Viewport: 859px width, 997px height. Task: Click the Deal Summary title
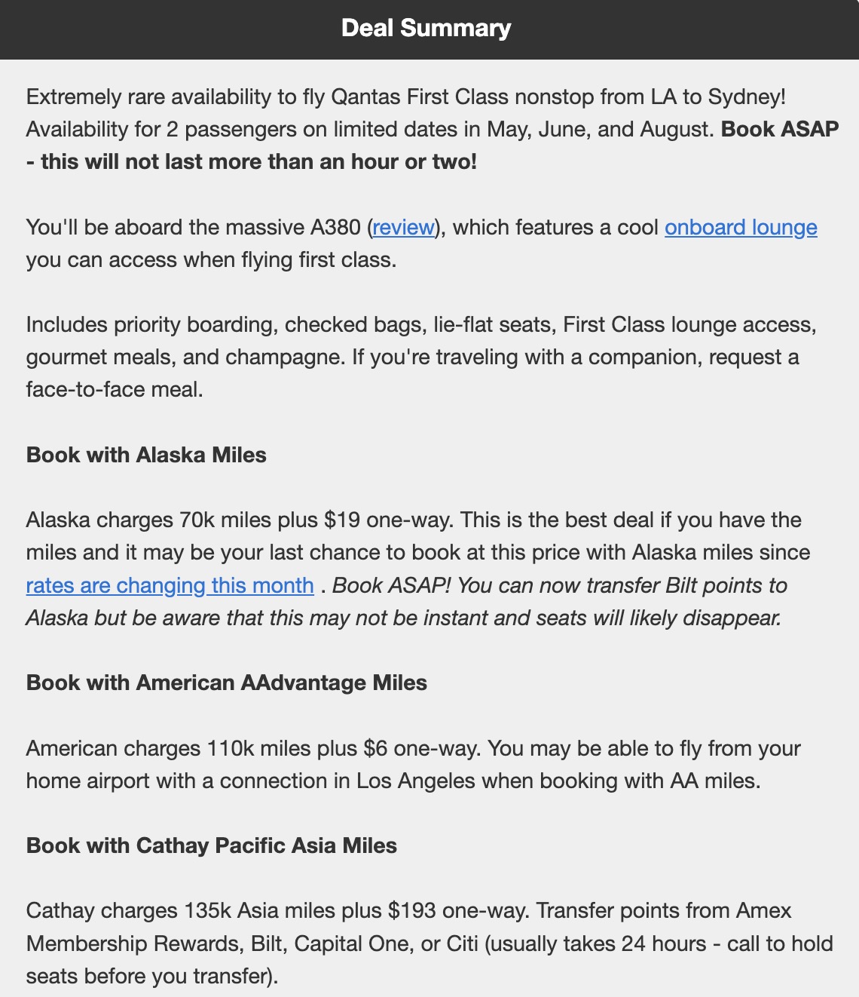click(x=426, y=29)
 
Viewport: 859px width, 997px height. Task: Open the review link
click(x=403, y=228)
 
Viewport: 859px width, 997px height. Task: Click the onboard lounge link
click(x=741, y=228)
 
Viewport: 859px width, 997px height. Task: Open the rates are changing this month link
click(x=170, y=586)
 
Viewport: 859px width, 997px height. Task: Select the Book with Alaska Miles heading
click(x=146, y=456)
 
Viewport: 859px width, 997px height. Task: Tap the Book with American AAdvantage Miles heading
click(x=227, y=683)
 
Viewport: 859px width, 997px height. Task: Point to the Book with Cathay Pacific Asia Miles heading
click(x=212, y=845)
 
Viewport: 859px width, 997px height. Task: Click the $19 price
click(x=341, y=520)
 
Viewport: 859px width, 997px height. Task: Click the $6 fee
click(x=375, y=749)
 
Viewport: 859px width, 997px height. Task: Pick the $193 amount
click(x=412, y=911)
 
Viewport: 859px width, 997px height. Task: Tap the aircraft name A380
click(x=335, y=228)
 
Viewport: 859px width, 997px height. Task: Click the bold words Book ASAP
click(x=780, y=130)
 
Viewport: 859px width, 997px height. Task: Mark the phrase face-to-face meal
click(x=115, y=390)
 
